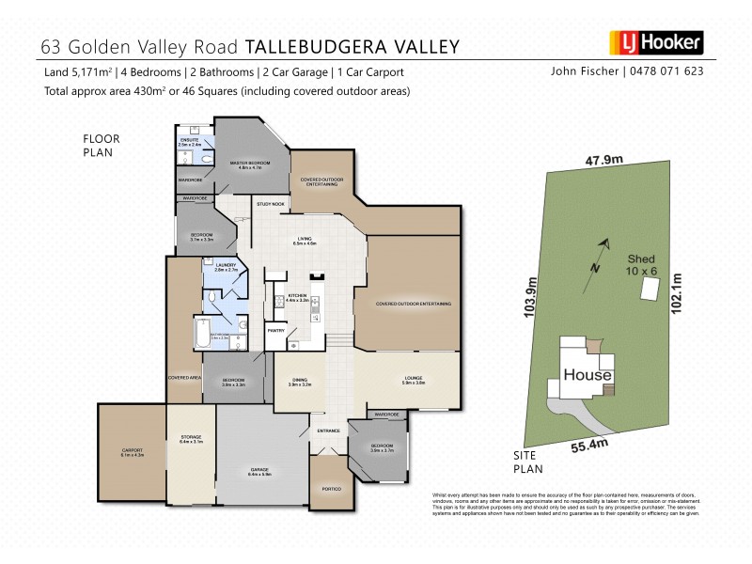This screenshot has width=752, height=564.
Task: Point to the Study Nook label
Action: point(271,204)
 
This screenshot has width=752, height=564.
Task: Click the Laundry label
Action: point(227,267)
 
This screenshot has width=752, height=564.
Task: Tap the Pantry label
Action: point(276,331)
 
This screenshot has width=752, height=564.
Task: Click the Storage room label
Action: point(191,439)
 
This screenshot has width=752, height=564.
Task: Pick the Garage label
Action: point(259,474)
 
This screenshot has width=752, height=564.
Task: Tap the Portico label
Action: point(330,489)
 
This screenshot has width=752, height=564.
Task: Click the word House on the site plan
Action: point(587,375)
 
